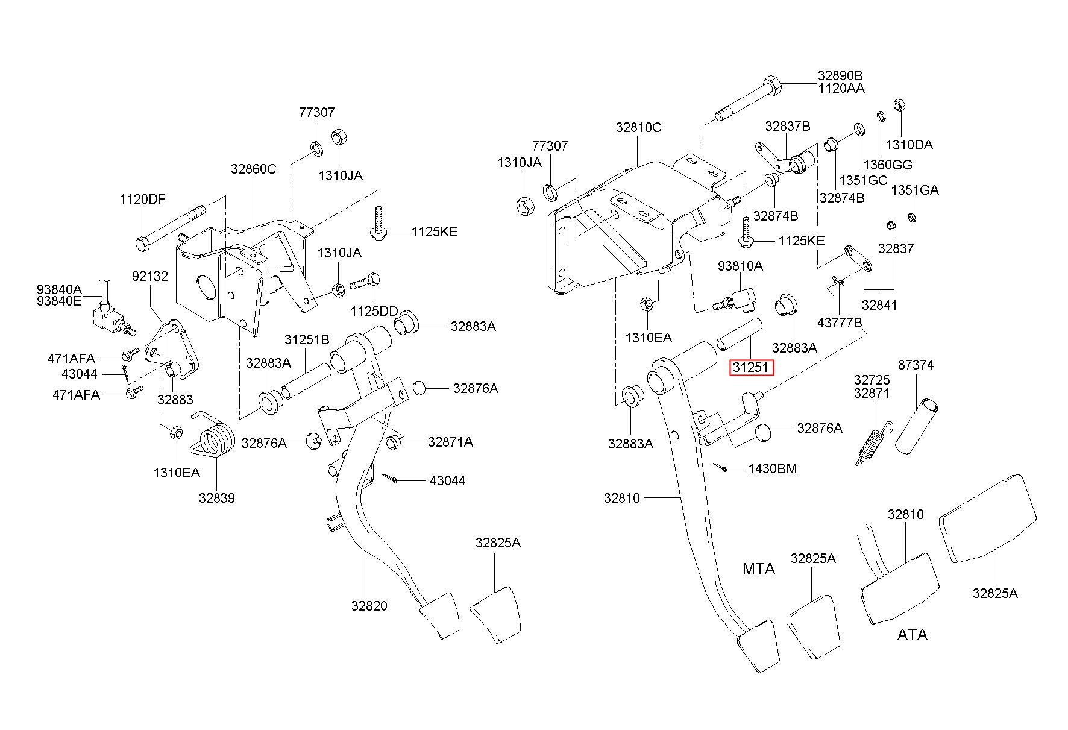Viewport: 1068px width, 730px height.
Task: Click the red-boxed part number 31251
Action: click(750, 367)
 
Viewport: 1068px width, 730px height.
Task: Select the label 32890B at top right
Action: click(840, 76)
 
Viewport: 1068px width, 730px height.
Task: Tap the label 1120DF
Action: click(142, 200)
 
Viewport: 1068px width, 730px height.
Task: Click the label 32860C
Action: click(253, 169)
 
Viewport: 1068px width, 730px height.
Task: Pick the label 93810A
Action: click(740, 266)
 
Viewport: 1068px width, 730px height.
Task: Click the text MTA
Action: click(758, 568)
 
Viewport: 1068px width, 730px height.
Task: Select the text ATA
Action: click(912, 635)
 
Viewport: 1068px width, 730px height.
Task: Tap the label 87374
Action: click(916, 365)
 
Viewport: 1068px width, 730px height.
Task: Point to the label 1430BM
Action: click(772, 468)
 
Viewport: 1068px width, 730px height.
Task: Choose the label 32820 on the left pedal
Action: click(369, 606)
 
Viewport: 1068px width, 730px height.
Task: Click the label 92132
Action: click(150, 276)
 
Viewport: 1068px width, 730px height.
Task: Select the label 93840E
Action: click(59, 301)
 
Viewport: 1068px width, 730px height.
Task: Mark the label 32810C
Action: click(638, 128)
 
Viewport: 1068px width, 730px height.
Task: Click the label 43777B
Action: click(840, 323)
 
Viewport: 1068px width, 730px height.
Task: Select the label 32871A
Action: click(450, 442)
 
